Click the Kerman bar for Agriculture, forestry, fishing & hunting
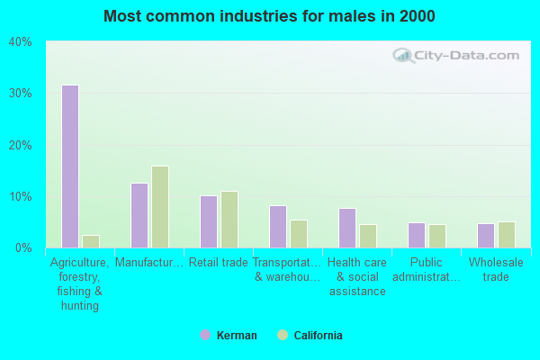[x=69, y=166]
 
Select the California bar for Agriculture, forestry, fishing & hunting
[x=90, y=241]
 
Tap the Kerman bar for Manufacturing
[x=139, y=215]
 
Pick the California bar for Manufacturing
[x=159, y=207]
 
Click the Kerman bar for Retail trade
[x=208, y=221]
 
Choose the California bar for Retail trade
[x=229, y=219]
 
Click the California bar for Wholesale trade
[x=506, y=235]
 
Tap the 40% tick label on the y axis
[x=20, y=42]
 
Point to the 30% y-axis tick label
[x=20, y=94]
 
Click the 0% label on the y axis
[x=23, y=247]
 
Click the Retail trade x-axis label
[x=218, y=263]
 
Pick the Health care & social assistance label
[x=356, y=277]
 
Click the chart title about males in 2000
[x=269, y=16]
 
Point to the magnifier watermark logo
[x=402, y=55]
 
